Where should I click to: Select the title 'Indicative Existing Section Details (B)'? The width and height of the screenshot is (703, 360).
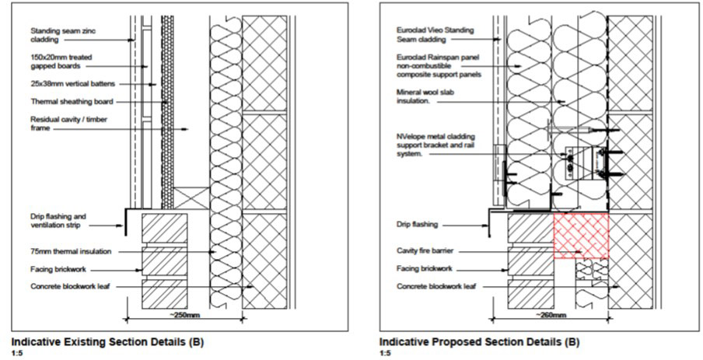point(100,341)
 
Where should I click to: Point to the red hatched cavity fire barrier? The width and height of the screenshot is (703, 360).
point(579,236)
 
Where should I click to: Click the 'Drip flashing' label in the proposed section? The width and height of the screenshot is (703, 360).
point(418,224)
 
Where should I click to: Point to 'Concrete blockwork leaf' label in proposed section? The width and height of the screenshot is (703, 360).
point(437,287)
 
